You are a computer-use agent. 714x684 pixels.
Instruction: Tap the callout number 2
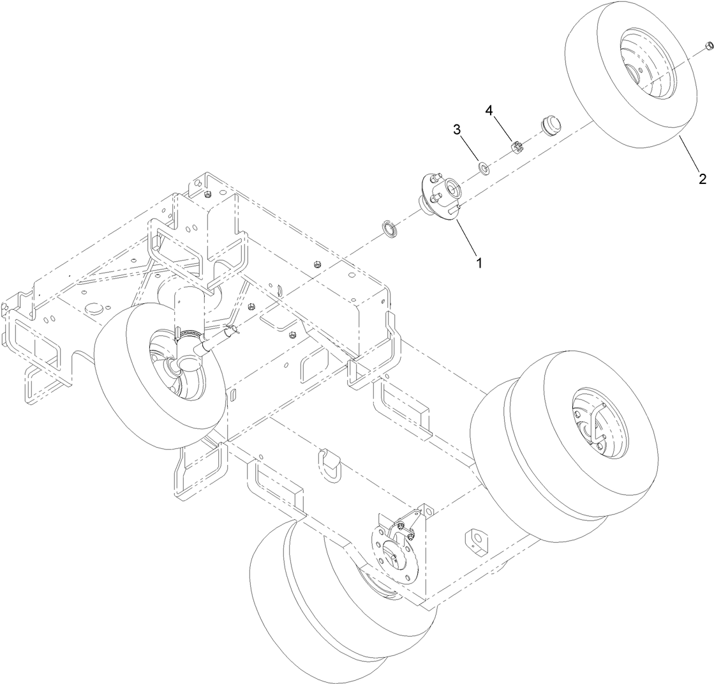702,178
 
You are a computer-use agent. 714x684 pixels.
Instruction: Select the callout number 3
457,130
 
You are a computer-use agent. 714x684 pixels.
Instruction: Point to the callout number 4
489,110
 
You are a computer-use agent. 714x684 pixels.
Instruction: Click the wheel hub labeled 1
441,195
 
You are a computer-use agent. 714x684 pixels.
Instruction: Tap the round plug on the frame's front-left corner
94,308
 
